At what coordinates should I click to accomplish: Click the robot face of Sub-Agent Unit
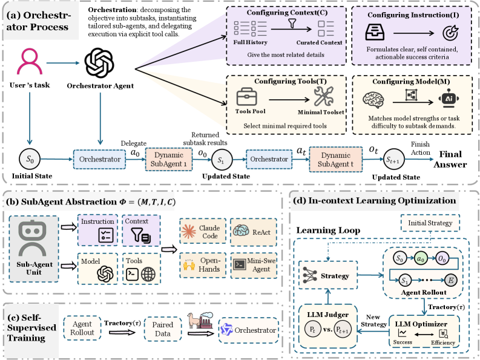tap(31, 240)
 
